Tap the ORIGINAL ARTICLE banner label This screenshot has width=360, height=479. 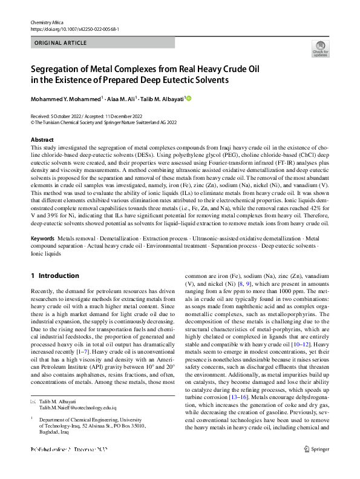click(61, 43)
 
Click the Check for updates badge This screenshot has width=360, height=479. click(320, 49)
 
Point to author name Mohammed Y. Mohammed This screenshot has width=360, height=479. click(66, 98)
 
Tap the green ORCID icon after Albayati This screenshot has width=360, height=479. click(188, 98)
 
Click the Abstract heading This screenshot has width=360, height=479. click(42, 140)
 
